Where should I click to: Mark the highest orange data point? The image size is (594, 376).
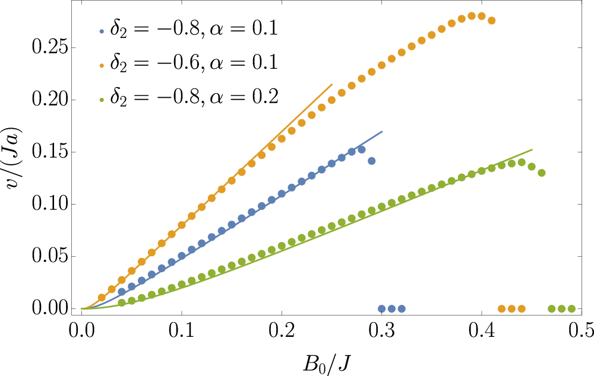[472, 16]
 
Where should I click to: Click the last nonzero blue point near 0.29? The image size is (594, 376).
[372, 161]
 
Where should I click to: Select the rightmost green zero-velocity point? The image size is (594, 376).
[571, 309]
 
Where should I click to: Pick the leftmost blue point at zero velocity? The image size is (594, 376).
[381, 309]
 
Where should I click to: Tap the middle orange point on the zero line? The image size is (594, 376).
[511, 309]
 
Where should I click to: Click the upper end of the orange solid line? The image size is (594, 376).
[332, 84]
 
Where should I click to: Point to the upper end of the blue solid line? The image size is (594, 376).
[382, 132]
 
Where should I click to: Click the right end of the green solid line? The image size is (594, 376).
[532, 149]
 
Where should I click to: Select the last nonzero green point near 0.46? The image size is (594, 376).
[542, 173]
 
